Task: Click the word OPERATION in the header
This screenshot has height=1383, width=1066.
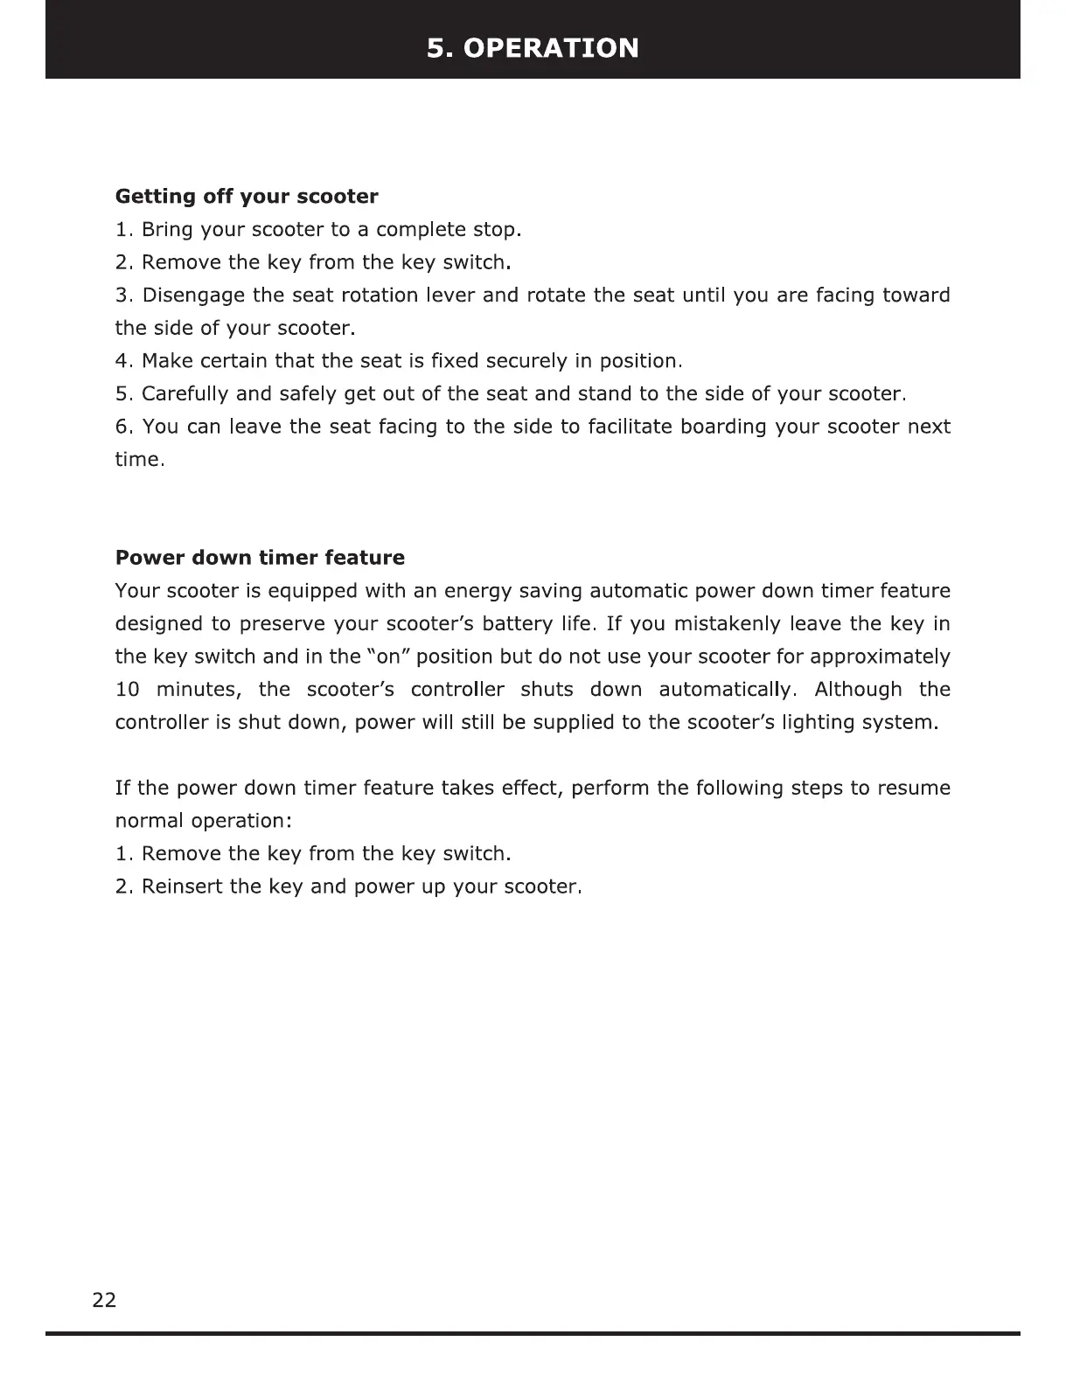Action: click(x=551, y=47)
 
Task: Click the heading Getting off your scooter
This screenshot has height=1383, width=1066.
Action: click(x=247, y=196)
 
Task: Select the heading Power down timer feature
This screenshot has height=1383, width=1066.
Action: click(x=260, y=558)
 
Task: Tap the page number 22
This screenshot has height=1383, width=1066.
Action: click(x=104, y=1300)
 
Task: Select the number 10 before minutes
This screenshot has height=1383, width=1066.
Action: click(x=128, y=690)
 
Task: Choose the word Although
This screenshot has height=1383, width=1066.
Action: click(x=858, y=690)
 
